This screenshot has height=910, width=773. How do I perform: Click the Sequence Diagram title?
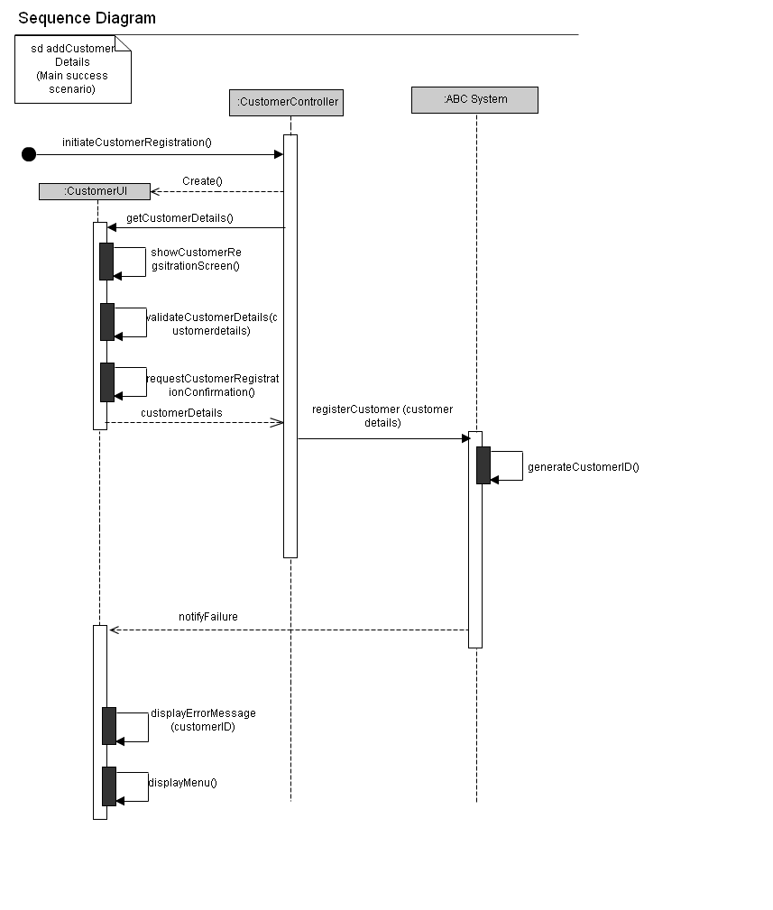point(87,18)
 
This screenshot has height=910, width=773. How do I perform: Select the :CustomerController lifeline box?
point(287,102)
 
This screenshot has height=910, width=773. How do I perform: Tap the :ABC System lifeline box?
point(474,99)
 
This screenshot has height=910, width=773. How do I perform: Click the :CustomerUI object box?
point(95,191)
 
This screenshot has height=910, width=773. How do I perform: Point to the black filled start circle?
point(29,154)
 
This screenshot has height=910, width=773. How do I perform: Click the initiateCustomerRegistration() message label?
point(137,142)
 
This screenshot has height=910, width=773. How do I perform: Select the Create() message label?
point(202,181)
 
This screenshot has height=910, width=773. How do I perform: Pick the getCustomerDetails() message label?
point(179,218)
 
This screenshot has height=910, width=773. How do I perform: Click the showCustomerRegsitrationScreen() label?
point(196,259)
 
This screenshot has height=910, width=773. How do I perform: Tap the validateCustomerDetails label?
point(211,324)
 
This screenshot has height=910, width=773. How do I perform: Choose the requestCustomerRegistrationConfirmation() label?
point(212,385)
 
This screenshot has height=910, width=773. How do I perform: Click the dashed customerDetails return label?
point(181,413)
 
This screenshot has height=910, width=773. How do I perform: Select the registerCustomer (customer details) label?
point(382,416)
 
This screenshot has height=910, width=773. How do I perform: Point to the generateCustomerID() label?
point(583,467)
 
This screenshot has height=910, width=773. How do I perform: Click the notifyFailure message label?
point(208,617)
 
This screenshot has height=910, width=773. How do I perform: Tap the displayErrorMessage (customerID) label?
point(203,720)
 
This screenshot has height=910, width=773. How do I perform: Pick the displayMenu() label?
point(182,783)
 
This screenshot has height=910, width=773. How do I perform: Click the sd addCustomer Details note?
point(72,69)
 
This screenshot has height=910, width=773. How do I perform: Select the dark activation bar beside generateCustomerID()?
point(483,465)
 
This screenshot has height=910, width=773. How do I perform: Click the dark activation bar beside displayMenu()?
point(109,786)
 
